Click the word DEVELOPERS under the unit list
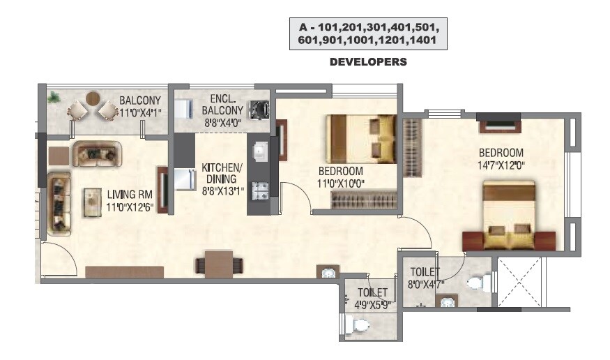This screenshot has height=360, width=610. coord(367,62)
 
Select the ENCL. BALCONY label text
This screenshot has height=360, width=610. coord(222,105)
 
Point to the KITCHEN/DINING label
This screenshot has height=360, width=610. coord(222,178)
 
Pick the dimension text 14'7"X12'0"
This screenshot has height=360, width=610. coord(500,166)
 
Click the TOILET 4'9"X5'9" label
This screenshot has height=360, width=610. coord(373,298)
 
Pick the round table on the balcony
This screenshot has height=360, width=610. coord(92,100)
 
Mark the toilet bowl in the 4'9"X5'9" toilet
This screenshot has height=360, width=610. coord(358,325)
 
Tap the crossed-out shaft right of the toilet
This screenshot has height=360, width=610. coord(517,282)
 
